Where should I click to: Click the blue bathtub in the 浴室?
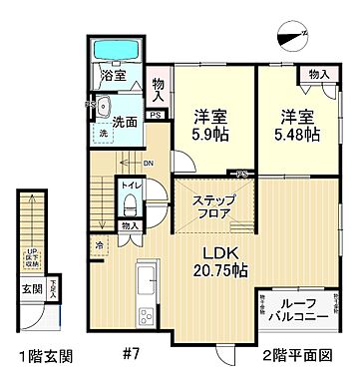(x=119, y=50)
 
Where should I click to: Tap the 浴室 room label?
(x=112, y=75)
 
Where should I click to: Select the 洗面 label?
(x=124, y=123)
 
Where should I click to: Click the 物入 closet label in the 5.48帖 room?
(x=318, y=75)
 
